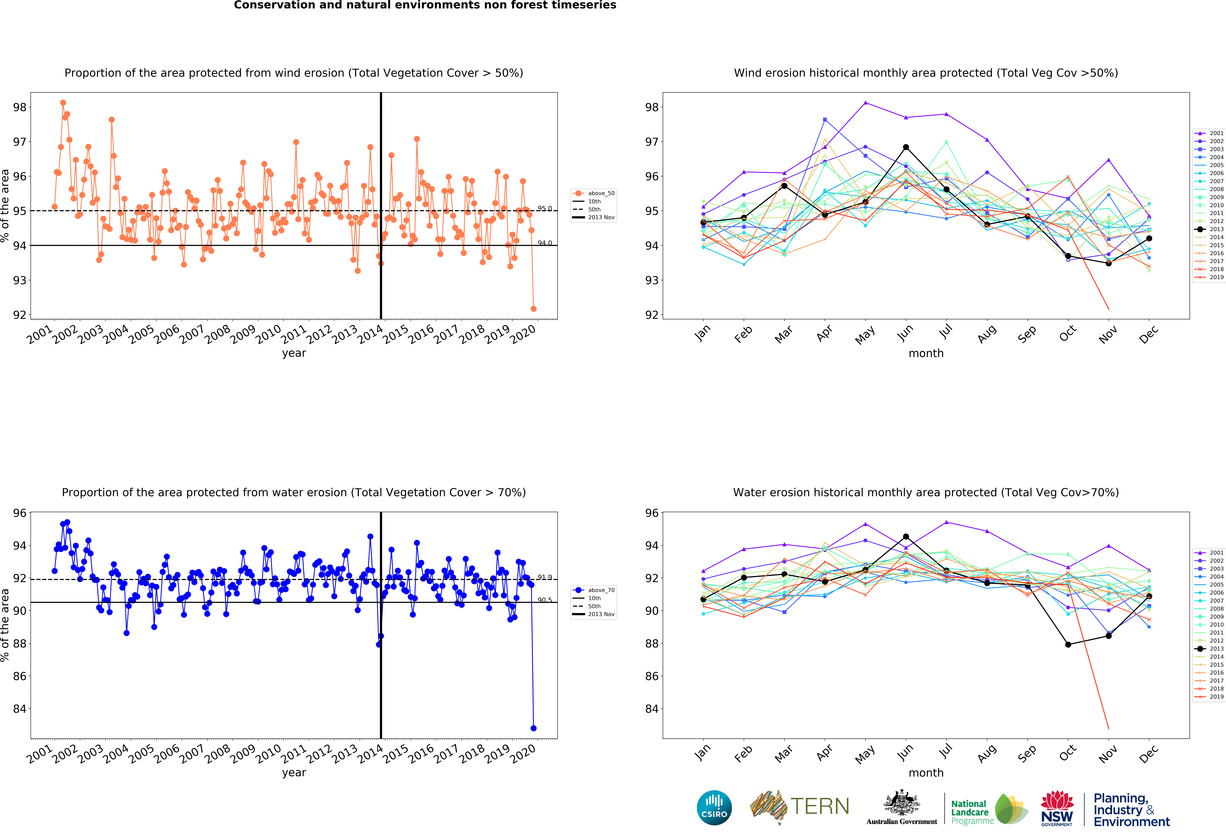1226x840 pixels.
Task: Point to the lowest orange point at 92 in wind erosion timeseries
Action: click(x=533, y=309)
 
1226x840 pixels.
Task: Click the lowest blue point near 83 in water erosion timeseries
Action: click(x=533, y=728)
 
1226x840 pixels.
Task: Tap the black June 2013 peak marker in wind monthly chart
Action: click(x=906, y=147)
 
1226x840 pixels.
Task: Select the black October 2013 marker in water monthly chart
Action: click(x=1068, y=644)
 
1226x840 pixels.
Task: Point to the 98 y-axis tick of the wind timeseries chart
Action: click(x=19, y=107)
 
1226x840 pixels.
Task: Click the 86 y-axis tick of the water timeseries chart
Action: click(x=19, y=676)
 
